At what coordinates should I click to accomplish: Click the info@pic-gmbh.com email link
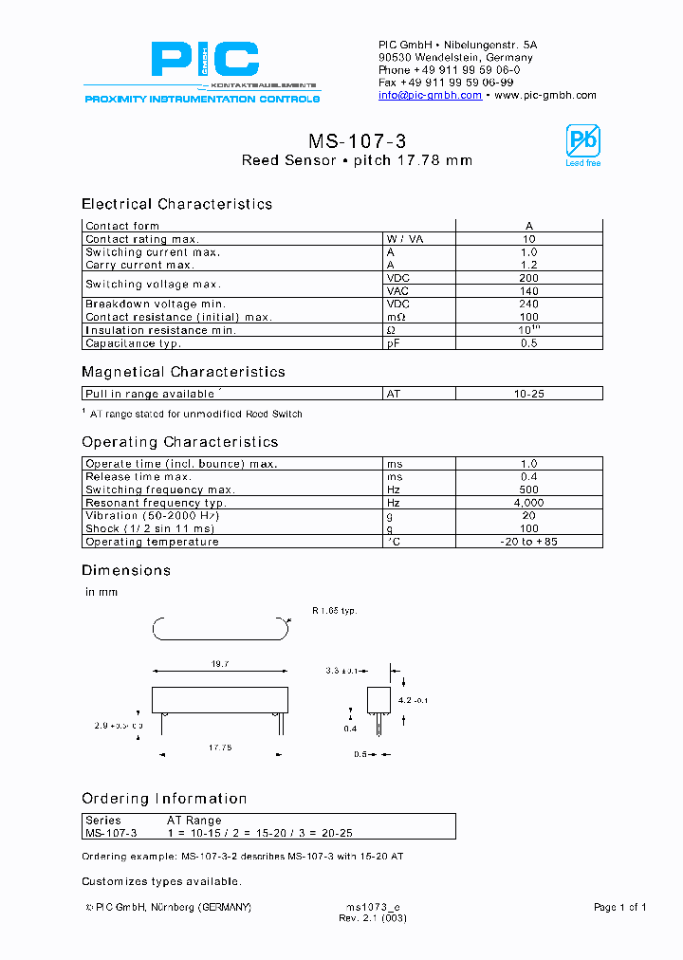[x=430, y=95]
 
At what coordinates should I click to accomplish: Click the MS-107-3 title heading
[x=358, y=141]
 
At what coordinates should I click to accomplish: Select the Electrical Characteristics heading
[x=176, y=204]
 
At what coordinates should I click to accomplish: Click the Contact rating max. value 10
[x=529, y=239]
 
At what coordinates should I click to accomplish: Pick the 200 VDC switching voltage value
[x=529, y=278]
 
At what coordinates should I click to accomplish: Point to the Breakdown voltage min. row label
[x=147, y=305]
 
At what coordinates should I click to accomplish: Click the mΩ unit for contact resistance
[x=396, y=317]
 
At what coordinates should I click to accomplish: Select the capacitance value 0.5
[x=529, y=343]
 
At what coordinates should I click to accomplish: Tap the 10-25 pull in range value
[x=529, y=394]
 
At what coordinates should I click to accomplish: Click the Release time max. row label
[x=138, y=476]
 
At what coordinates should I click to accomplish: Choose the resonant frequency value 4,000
[x=529, y=503]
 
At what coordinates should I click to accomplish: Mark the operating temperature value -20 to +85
[x=529, y=542]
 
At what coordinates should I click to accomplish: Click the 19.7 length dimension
[x=220, y=665]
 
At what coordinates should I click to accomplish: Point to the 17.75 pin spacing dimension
[x=220, y=748]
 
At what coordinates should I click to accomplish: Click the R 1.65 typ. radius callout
[x=334, y=611]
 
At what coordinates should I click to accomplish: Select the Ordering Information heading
[x=164, y=799]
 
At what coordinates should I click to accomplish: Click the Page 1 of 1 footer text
[x=619, y=908]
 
